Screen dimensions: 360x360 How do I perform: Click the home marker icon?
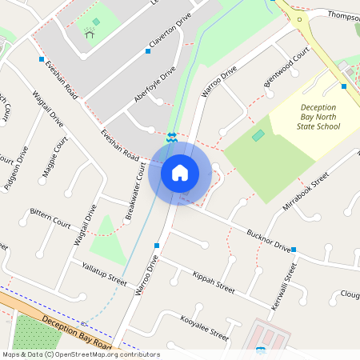(179, 172)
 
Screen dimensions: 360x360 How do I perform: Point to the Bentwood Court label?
(286, 68)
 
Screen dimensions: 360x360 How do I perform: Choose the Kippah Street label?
(214, 282)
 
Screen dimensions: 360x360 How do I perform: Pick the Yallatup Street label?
(104, 273)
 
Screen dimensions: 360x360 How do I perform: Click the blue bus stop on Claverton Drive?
(148, 51)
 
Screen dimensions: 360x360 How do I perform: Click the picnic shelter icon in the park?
(88, 33)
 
